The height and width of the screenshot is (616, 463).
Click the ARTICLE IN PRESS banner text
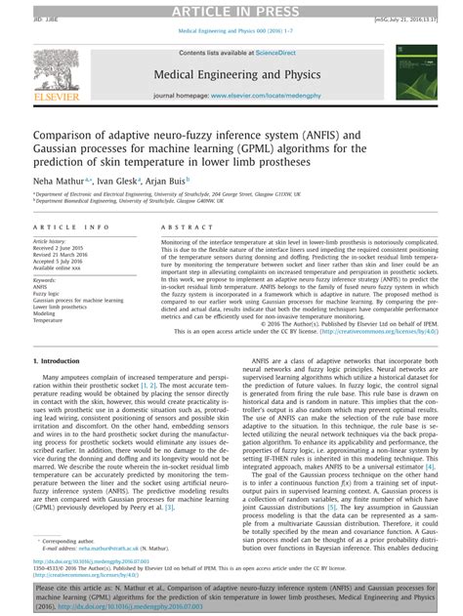tap(231, 9)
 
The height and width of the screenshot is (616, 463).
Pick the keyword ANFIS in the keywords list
tap(41, 285)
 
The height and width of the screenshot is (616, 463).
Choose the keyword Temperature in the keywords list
tap(48, 319)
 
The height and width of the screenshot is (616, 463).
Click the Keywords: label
tap(45, 278)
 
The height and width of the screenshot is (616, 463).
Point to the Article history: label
tap(53, 240)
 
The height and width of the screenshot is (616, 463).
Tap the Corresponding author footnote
tap(71, 541)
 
